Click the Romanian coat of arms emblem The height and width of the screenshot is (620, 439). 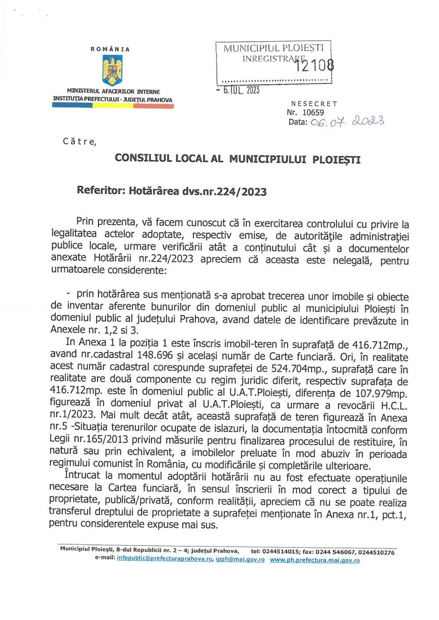click(x=112, y=70)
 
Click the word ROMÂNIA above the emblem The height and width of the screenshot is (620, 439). click(x=110, y=49)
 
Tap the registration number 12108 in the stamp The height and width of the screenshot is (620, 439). click(x=314, y=66)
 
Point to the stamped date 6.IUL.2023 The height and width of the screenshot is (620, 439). click(x=241, y=90)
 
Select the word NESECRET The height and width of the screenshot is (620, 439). click(x=314, y=104)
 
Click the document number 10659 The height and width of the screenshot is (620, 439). click(x=313, y=112)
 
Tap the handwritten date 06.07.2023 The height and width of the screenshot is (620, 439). click(x=347, y=121)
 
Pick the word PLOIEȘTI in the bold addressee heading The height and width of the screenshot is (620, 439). click(x=336, y=159)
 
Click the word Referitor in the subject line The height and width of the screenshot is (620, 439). click(x=101, y=190)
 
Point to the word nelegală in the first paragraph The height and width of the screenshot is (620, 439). click(x=351, y=260)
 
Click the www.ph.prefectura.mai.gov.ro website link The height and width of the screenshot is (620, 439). click(x=314, y=560)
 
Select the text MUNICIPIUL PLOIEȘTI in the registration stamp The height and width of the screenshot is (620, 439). click(x=273, y=48)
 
